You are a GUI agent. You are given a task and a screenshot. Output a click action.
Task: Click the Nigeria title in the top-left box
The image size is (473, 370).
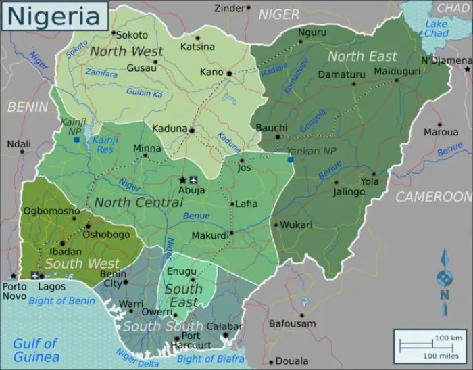pos(53,16)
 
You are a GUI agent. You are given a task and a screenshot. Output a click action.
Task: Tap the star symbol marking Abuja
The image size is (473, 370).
pos(182,179)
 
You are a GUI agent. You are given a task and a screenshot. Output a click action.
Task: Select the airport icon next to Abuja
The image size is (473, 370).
pos(195,179)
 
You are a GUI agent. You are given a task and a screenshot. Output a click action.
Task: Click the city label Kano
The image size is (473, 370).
pos(212,72)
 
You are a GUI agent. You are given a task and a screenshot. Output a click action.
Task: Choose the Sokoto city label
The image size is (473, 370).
pos(132,34)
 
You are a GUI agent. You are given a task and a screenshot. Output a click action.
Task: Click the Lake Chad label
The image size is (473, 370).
pos(437,29)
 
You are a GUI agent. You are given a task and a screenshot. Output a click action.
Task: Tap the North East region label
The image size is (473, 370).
pos(362,56)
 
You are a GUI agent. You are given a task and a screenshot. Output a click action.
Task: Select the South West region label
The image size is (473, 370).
pos(82,263)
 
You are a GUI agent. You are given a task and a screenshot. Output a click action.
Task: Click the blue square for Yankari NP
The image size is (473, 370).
pos(291,160)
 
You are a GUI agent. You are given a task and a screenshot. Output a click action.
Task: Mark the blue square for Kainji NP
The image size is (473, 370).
pos(77,140)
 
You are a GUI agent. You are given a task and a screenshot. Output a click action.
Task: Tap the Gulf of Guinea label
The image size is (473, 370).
pos(35,350)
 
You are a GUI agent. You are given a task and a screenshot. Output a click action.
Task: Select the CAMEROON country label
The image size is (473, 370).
pos(433,197)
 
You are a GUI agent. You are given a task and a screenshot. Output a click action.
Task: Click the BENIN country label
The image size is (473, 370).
pos(28,107)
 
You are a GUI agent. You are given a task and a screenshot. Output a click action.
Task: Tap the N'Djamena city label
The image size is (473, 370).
pos(446,60)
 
